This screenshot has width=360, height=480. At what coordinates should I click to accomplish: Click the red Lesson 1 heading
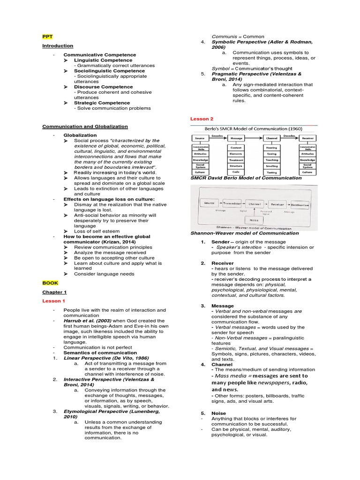pyautogui.click(x=54, y=300)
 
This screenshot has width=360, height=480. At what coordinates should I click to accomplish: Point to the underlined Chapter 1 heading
pyautogui.click(x=55, y=292)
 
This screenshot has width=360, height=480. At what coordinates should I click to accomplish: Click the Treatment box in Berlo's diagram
pyautogui.click(x=236, y=159)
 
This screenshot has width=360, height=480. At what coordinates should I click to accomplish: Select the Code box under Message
pyautogui.click(x=236, y=172)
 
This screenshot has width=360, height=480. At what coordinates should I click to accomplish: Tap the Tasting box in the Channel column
pyautogui.click(x=271, y=172)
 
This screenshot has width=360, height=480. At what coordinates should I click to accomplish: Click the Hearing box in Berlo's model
pyautogui.click(x=271, y=147)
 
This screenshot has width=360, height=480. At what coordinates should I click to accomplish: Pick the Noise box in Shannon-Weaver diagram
pyautogui.click(x=253, y=219)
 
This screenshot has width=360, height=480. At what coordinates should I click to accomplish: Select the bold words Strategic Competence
pyautogui.click(x=102, y=103)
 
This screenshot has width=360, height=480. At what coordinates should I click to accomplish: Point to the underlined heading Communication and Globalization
pyautogui.click(x=85, y=126)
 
